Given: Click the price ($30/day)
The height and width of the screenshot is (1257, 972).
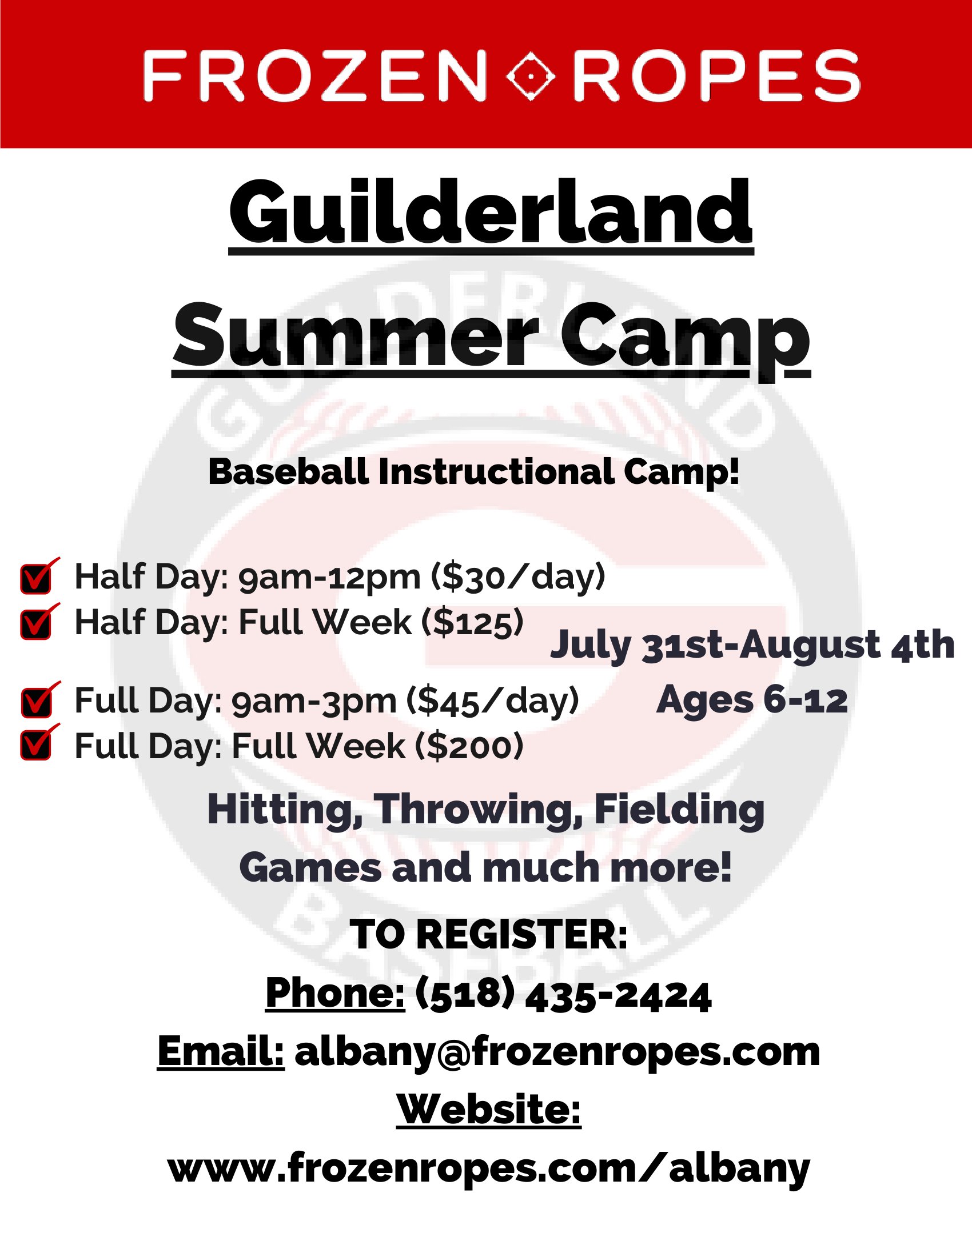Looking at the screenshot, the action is (518, 577).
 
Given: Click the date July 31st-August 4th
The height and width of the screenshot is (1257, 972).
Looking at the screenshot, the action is (752, 645).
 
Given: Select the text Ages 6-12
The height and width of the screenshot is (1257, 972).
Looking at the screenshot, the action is (752, 700).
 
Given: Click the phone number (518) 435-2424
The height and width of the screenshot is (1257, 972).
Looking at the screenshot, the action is (563, 995).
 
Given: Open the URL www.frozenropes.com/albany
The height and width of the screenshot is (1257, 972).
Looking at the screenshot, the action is (489, 1168).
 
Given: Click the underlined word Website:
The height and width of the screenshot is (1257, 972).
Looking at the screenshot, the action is (489, 1109).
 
